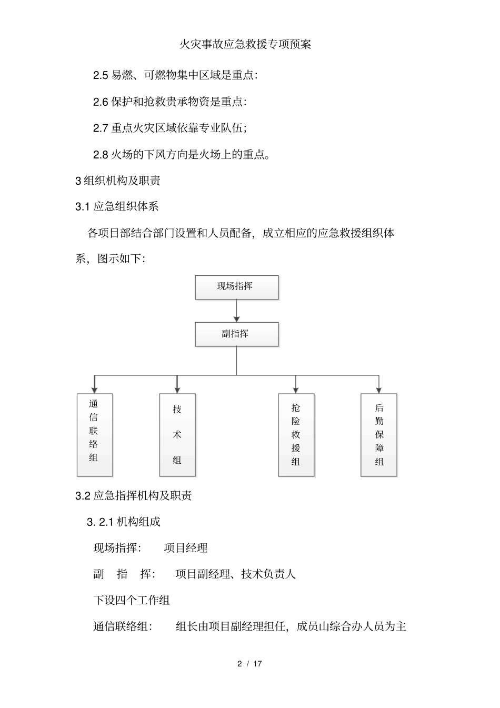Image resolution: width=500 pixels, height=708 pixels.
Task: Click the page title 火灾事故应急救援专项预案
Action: pos(245,44)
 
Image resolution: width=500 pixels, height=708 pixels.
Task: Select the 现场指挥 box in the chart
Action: pos(237,287)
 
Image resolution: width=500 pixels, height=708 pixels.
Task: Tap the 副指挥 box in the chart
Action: pos(237,334)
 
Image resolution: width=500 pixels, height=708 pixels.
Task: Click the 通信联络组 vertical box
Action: pos(94,435)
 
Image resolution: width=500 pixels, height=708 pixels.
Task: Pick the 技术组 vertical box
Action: pos(177,435)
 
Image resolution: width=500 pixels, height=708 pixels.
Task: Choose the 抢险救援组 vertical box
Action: pos(296,435)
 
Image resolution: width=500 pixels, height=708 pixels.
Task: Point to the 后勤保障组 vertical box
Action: pos(379,435)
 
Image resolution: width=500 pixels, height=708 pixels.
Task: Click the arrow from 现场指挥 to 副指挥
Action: pos(237,311)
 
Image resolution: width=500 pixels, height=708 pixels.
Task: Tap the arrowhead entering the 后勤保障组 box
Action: pos(379,390)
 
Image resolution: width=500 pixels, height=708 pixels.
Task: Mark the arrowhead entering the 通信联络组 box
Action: pos(94,390)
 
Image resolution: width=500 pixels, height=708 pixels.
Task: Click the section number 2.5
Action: pos(101,75)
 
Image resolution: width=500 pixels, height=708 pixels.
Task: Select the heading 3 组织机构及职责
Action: pos(118,181)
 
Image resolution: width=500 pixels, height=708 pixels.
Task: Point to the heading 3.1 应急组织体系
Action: pos(117,207)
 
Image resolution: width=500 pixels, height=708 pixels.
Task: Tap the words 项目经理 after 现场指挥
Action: pos(186,549)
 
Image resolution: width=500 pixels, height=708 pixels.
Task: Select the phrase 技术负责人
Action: pos(268,574)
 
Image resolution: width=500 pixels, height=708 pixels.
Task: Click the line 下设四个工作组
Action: pos(132,601)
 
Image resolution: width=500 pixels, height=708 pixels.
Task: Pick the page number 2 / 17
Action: pos(249,664)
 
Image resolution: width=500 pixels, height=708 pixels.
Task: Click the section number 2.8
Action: pos(101,155)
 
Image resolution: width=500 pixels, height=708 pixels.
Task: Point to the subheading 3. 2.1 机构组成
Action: pos(124,522)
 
